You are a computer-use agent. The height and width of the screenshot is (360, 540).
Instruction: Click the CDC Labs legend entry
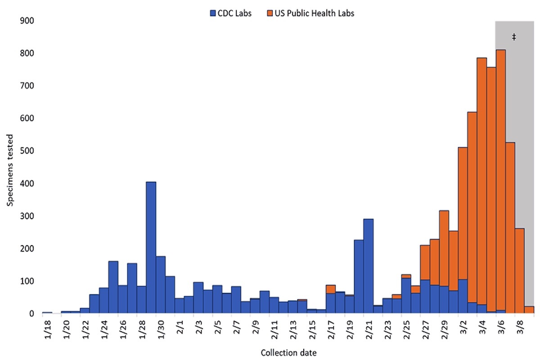coord(230,13)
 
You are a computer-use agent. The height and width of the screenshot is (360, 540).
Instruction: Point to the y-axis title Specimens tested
coord(10,167)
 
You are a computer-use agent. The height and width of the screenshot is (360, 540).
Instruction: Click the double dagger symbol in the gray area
coord(513,37)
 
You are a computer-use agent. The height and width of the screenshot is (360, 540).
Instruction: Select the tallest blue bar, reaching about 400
coord(151,247)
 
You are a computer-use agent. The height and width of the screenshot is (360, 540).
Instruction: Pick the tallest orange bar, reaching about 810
coord(501,180)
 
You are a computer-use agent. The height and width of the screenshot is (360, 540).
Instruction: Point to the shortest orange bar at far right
coord(529,310)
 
